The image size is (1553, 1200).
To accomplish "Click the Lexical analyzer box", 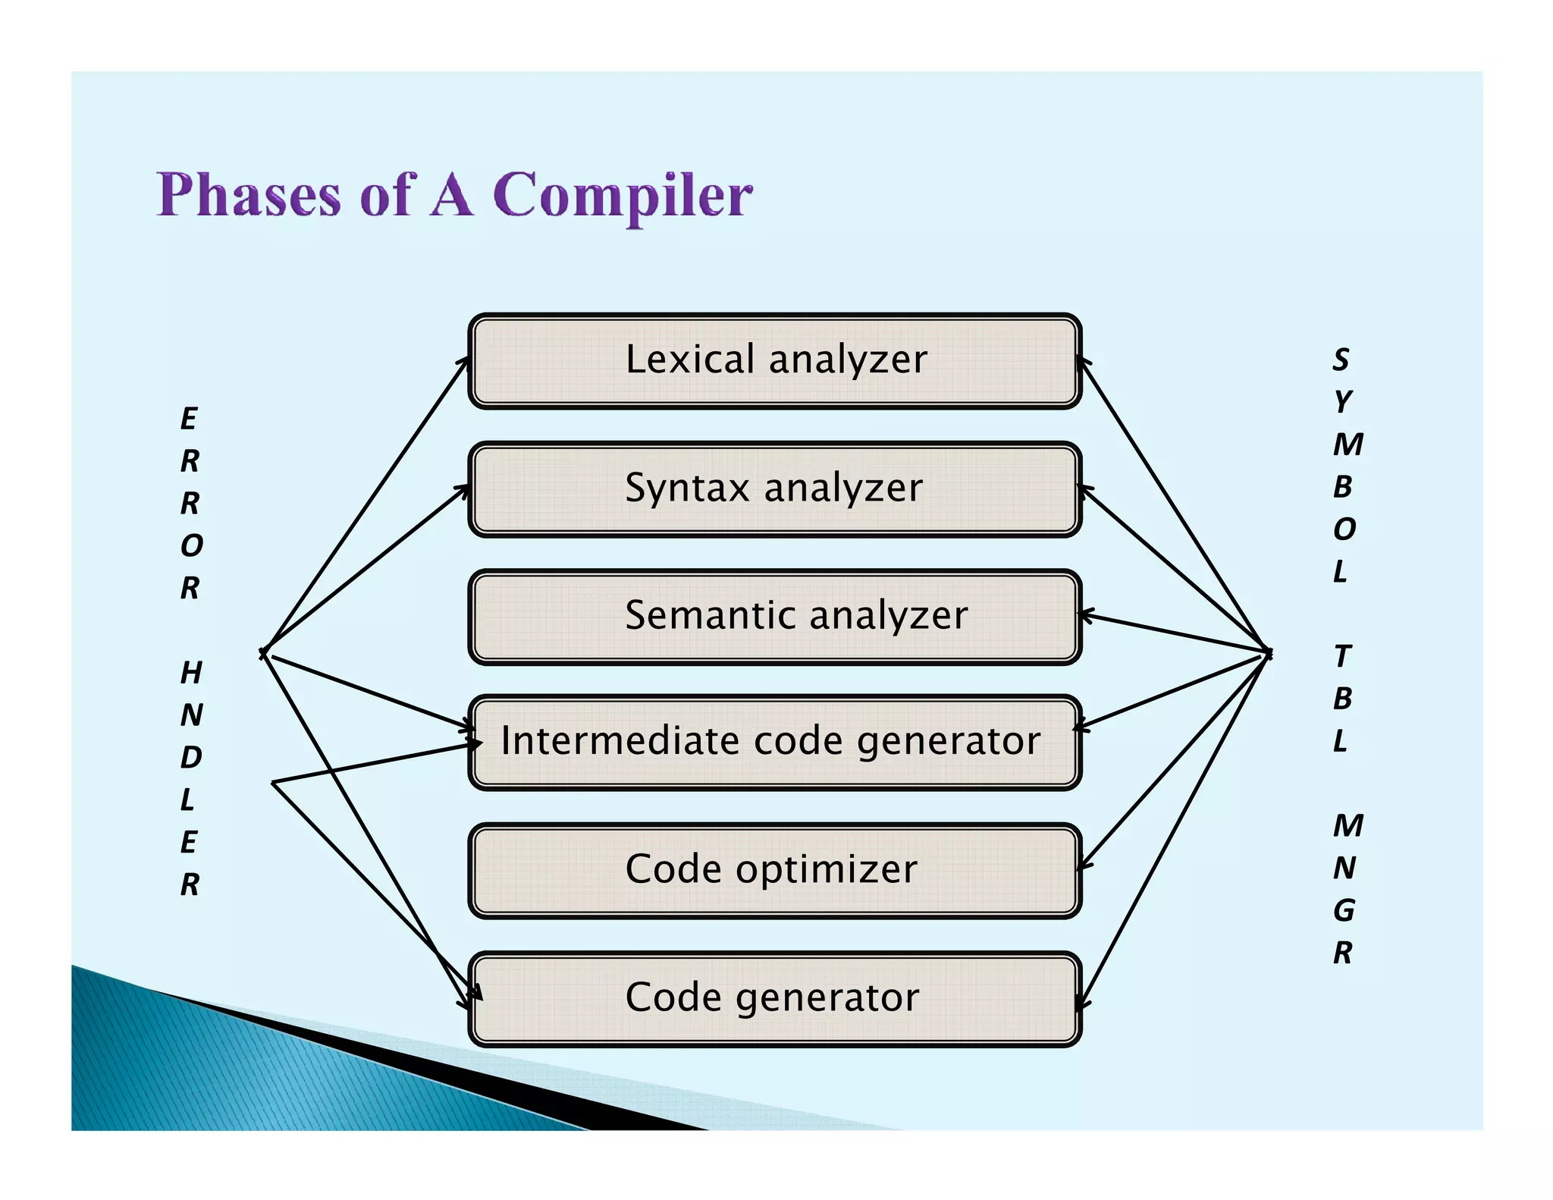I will (x=775, y=361).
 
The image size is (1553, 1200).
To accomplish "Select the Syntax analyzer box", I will (x=775, y=489).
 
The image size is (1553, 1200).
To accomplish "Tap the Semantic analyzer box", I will (x=775, y=616).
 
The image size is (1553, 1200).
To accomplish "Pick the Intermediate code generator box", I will (x=775, y=742).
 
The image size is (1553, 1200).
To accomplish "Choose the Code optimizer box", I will (x=775, y=870).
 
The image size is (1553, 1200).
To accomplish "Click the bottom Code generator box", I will (x=775, y=998).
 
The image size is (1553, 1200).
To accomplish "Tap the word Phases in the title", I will (x=249, y=196).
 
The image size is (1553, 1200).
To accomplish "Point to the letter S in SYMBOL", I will (x=1341, y=360).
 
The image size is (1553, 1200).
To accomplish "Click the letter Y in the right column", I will (x=1342, y=401).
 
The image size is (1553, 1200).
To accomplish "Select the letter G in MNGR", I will (x=1344, y=909).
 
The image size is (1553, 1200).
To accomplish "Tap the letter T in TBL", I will (x=1342, y=656).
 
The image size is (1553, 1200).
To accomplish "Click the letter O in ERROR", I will (x=191, y=545).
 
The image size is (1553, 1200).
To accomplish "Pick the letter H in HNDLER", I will (x=191, y=672).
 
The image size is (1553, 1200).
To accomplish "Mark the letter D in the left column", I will (x=191, y=757).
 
